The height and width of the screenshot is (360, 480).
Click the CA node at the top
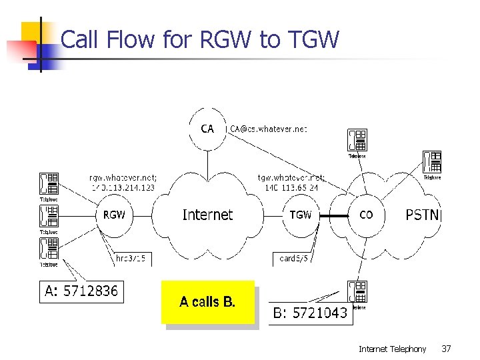coord(207,128)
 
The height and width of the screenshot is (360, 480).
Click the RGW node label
coord(114,215)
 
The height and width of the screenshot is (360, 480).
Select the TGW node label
coord(301,215)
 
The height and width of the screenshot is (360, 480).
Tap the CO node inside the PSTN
coord(366,215)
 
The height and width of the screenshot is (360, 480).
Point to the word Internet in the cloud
coord(207,215)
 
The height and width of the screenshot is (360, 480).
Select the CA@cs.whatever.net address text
coord(269,129)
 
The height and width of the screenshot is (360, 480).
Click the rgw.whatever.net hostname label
coord(123,177)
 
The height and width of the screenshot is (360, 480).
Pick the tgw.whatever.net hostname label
coord(291,177)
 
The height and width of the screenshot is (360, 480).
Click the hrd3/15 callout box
coord(131,258)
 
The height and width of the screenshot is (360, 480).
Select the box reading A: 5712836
coord(81,291)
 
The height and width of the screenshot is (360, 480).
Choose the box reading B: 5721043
coord(311,312)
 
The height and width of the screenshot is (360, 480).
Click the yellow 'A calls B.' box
coord(207,302)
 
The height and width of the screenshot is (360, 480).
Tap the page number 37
coord(446,349)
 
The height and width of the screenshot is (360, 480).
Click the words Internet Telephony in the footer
coord(392,349)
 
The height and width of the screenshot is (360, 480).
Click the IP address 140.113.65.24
coord(291,187)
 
